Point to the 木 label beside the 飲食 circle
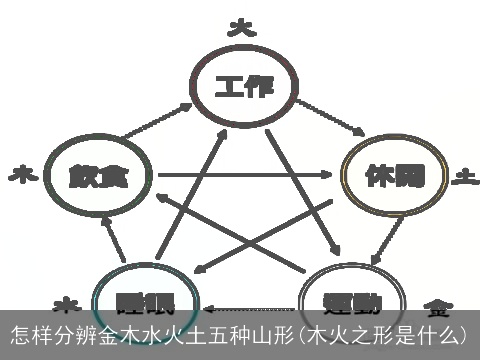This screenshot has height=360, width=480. click(21, 177)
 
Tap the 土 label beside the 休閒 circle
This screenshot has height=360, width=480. click(463, 177)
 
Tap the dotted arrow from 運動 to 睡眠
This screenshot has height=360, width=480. click(250, 307)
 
